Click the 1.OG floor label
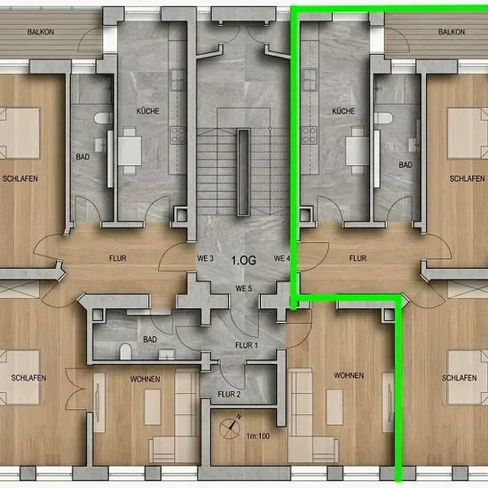[x=244, y=260]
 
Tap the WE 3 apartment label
[x=206, y=258]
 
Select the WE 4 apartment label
[x=282, y=258]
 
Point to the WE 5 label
[x=244, y=288]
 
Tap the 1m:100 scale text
[x=258, y=436]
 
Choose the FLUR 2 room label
[x=229, y=394]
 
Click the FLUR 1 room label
[x=247, y=345]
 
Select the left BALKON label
[x=41, y=32]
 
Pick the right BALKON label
[x=452, y=32]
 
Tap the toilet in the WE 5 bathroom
[x=126, y=351]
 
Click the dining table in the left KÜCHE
[x=130, y=151]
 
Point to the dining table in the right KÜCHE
[x=358, y=151]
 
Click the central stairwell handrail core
[x=244, y=172]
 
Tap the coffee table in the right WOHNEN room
[x=335, y=406]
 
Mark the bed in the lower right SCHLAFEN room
[x=467, y=377]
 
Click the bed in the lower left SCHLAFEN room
[x=20, y=377]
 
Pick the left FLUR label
[x=118, y=258]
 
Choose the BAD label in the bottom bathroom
[x=150, y=339]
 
